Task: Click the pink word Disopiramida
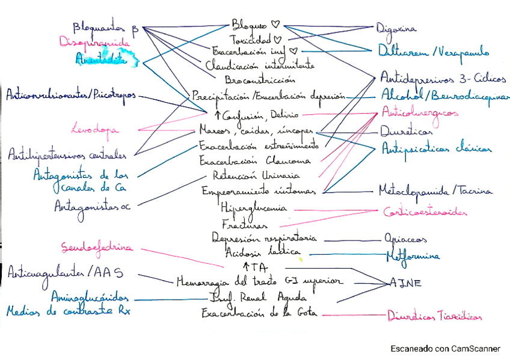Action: tap(94, 43)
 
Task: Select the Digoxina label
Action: tap(396, 28)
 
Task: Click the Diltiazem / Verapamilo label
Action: tap(433, 52)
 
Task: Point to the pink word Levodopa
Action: tap(94, 129)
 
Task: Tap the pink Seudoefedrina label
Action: tap(97, 247)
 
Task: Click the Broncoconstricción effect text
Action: tap(260, 79)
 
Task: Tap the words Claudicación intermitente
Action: tap(259, 65)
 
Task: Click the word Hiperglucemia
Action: tap(254, 207)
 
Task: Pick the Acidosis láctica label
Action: tap(256, 252)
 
